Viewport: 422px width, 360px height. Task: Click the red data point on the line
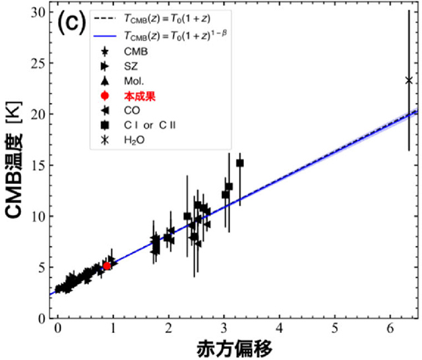point(107,266)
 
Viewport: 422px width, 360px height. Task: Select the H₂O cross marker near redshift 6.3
point(409,80)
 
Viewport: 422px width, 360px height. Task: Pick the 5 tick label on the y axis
point(41,267)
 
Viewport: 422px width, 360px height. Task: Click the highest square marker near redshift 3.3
point(240,163)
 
